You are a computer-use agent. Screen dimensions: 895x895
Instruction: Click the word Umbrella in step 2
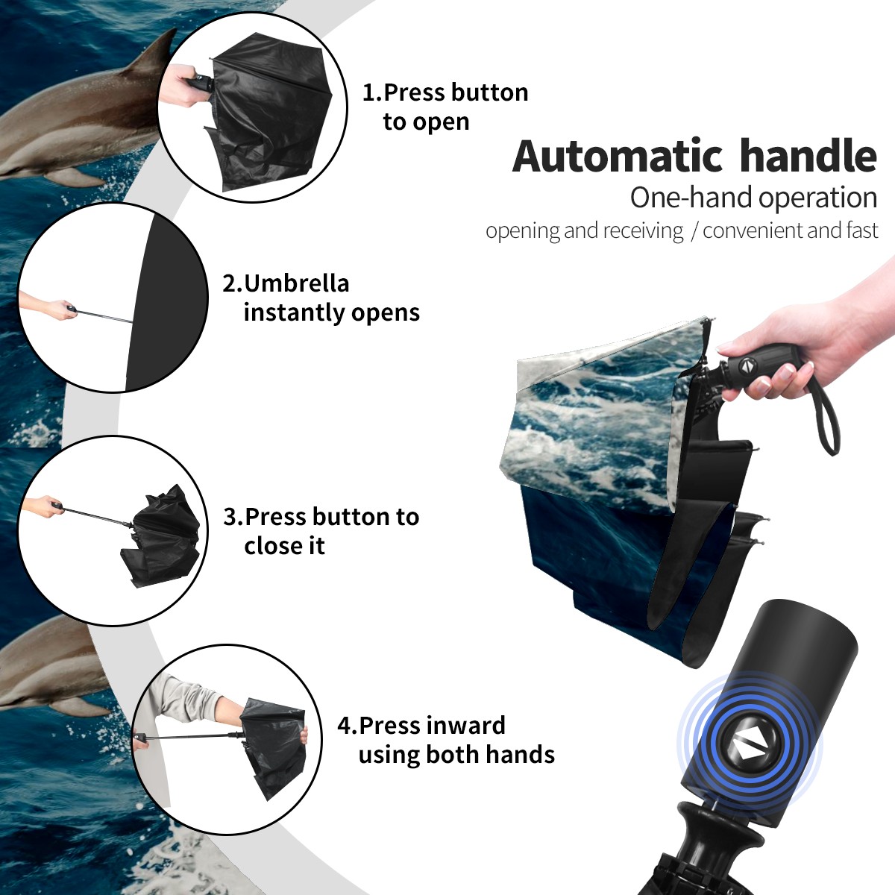[296, 283]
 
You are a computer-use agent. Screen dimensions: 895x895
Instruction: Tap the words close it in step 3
[284, 546]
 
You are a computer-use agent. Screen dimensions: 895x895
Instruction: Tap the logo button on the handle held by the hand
[747, 366]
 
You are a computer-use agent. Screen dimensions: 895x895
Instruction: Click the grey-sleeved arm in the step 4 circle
[196, 706]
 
